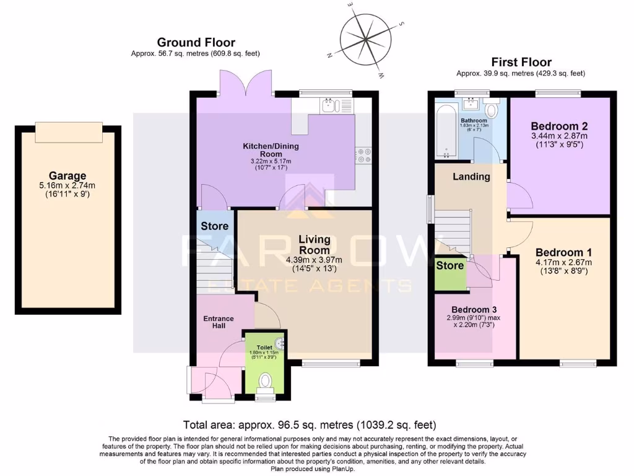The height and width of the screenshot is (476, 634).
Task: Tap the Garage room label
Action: click(67, 175)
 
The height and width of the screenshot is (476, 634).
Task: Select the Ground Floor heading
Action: click(196, 43)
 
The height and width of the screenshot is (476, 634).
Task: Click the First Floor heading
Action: click(521, 62)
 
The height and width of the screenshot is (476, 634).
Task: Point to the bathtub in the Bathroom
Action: click(444, 131)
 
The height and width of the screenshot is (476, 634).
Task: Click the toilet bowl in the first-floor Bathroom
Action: click(491, 111)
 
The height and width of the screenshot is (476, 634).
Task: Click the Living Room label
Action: click(315, 244)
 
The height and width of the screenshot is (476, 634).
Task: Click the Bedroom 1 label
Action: click(563, 252)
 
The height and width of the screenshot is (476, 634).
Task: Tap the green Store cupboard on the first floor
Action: click(450, 273)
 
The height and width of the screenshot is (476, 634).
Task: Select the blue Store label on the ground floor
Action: click(214, 226)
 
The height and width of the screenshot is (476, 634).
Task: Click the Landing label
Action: click(471, 177)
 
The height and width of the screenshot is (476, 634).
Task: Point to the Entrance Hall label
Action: click(219, 323)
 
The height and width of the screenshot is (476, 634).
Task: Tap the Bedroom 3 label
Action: click(474, 309)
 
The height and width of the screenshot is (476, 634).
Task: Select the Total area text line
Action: click(310, 425)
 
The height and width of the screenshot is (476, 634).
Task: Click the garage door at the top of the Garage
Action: click(67, 131)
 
